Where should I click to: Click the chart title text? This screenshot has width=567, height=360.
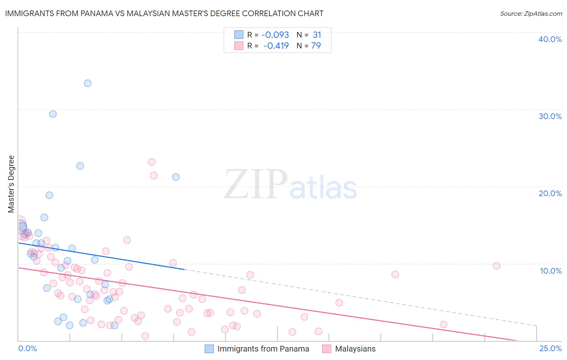point(164,13)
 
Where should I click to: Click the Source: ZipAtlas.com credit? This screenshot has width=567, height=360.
point(531,13)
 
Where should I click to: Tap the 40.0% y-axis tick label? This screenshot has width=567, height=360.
point(550,39)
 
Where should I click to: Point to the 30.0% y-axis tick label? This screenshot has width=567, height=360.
point(550,116)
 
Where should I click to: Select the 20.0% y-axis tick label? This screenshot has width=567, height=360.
point(550,193)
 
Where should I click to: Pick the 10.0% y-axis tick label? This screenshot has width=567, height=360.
point(550,271)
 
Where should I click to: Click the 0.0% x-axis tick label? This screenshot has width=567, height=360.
point(27,348)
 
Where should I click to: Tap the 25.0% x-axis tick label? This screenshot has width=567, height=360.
point(550,348)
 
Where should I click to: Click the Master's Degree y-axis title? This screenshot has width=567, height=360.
point(11,184)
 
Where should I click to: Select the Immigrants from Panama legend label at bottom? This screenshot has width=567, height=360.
point(263,349)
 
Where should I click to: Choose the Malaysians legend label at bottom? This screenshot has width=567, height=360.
point(355,349)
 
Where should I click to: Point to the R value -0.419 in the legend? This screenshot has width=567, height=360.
point(276,46)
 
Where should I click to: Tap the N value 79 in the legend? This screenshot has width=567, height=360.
point(316,46)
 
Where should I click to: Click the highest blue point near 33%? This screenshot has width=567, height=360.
point(88,83)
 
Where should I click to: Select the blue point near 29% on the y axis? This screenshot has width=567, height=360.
point(53,114)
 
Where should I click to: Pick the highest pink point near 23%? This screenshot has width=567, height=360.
point(152,162)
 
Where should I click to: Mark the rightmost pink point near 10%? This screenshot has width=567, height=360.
point(496,266)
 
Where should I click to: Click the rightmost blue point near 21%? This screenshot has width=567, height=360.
point(176,177)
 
